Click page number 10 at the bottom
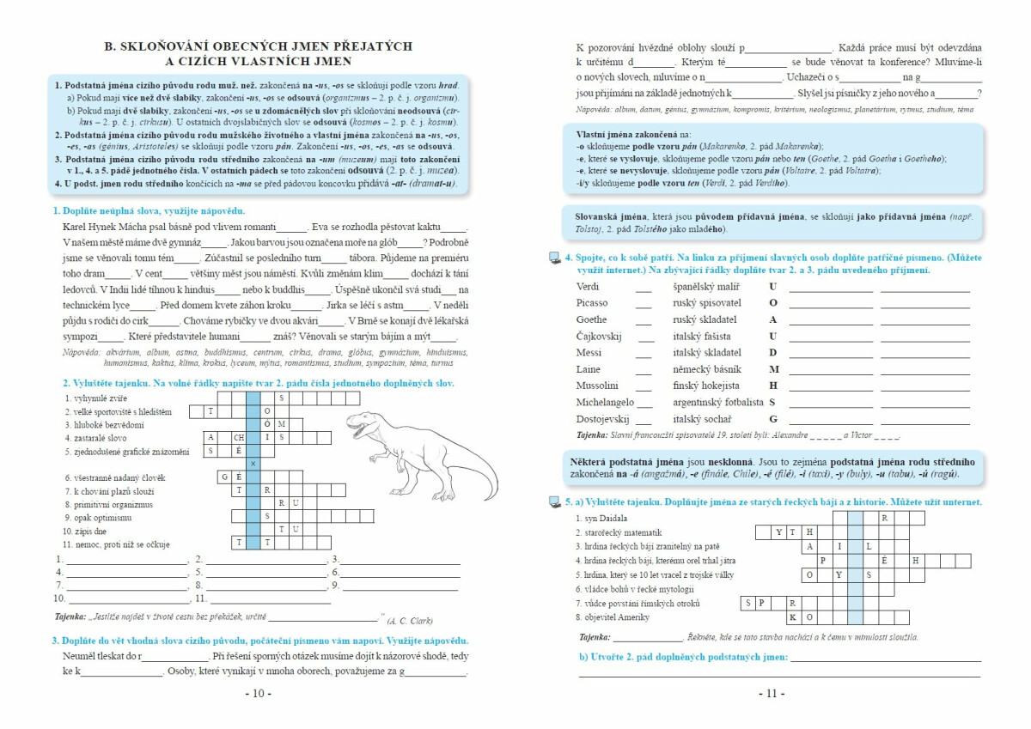[258, 693]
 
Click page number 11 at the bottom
[772, 693]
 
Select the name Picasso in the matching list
[592, 303]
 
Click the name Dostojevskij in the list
[603, 419]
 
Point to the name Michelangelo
[605, 402]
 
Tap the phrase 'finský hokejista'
[706, 386]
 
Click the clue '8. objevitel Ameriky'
[613, 617]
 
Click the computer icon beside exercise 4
[554, 258]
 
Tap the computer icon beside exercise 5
[554, 502]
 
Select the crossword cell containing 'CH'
[239, 437]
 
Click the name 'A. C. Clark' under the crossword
[410, 620]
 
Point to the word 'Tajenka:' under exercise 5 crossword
[594, 637]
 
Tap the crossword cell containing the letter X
[253, 464]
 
